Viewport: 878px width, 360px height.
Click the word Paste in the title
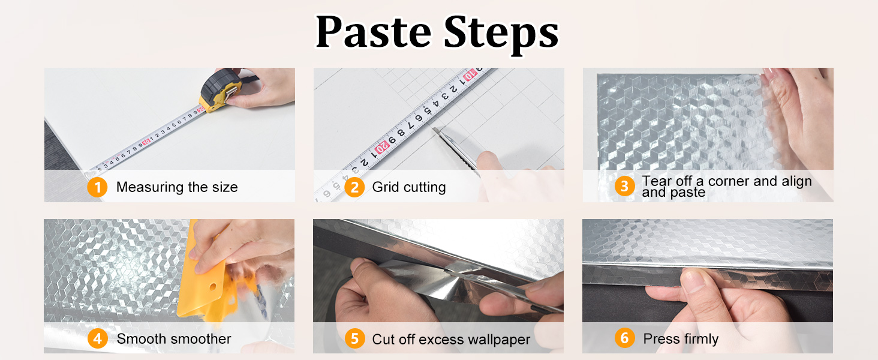[x=373, y=32]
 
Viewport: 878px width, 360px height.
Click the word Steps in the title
[x=501, y=35]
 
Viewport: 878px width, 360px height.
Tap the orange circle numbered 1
[x=97, y=187]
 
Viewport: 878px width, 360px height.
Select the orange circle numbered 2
[x=354, y=187]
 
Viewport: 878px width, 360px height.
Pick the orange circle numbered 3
[x=624, y=186]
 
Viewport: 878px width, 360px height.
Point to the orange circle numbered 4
[x=98, y=338]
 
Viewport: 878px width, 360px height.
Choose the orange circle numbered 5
[x=354, y=338]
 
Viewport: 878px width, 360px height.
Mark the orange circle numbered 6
[x=624, y=338]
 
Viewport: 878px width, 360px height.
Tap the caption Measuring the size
[x=177, y=187]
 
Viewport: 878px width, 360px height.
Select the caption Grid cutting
[x=409, y=187]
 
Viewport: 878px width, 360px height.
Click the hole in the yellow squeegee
[x=213, y=287]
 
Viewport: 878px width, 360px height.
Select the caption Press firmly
[x=681, y=338]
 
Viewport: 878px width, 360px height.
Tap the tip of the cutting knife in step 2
[x=433, y=128]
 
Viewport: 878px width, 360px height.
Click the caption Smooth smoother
[x=174, y=338]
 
